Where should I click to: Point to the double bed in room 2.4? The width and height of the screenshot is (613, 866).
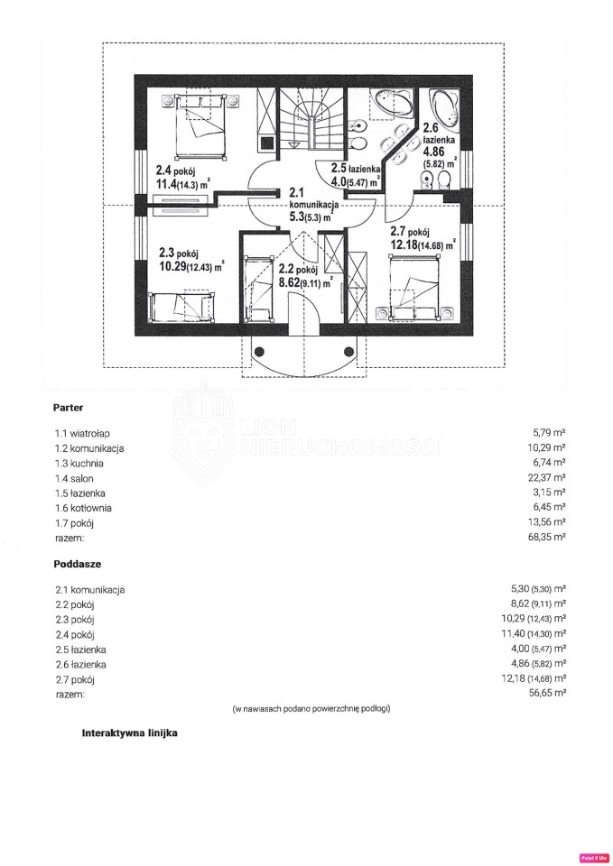point(200,127)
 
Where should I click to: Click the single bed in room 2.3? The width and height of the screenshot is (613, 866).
point(181,307)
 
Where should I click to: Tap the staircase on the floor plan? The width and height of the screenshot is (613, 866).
point(312,118)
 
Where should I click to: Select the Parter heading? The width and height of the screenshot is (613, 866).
point(68,408)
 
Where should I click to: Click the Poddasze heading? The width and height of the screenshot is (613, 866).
point(78,565)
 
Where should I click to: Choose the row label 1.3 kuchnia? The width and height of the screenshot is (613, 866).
point(79,464)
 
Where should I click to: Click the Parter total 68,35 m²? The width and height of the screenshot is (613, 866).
point(547,537)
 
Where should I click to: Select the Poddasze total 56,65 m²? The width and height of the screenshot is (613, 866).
point(548,693)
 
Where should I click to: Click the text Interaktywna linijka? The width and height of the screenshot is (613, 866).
point(129,733)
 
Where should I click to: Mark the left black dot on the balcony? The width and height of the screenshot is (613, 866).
point(260,351)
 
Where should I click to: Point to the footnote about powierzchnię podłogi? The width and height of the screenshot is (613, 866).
point(311,709)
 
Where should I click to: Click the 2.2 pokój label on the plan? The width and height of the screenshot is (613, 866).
point(298,270)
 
